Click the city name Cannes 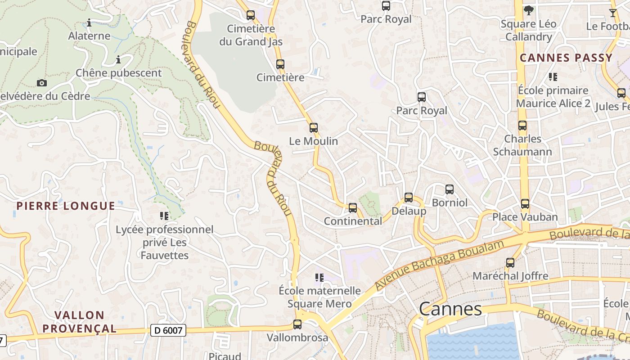pyautogui.click(x=450, y=309)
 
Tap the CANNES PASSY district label pyautogui.click(x=566, y=58)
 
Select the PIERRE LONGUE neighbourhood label pyautogui.click(x=66, y=206)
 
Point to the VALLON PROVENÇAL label pyautogui.click(x=80, y=322)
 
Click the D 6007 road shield pyautogui.click(x=168, y=330)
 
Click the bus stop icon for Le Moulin pyautogui.click(x=314, y=128)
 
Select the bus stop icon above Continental pyautogui.click(x=353, y=208)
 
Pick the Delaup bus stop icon pyautogui.click(x=409, y=197)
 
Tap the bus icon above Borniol pyautogui.click(x=449, y=189)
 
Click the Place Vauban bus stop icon pyautogui.click(x=525, y=204)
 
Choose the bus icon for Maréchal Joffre pyautogui.click(x=510, y=263)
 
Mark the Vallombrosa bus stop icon pyautogui.click(x=297, y=324)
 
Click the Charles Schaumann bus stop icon pyautogui.click(x=522, y=126)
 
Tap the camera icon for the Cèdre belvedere pyautogui.click(x=42, y=83)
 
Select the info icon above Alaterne pyautogui.click(x=89, y=22)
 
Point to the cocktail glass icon pyautogui.click(x=613, y=13)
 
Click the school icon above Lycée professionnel pyautogui.click(x=164, y=216)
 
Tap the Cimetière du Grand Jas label pyautogui.click(x=251, y=35)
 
